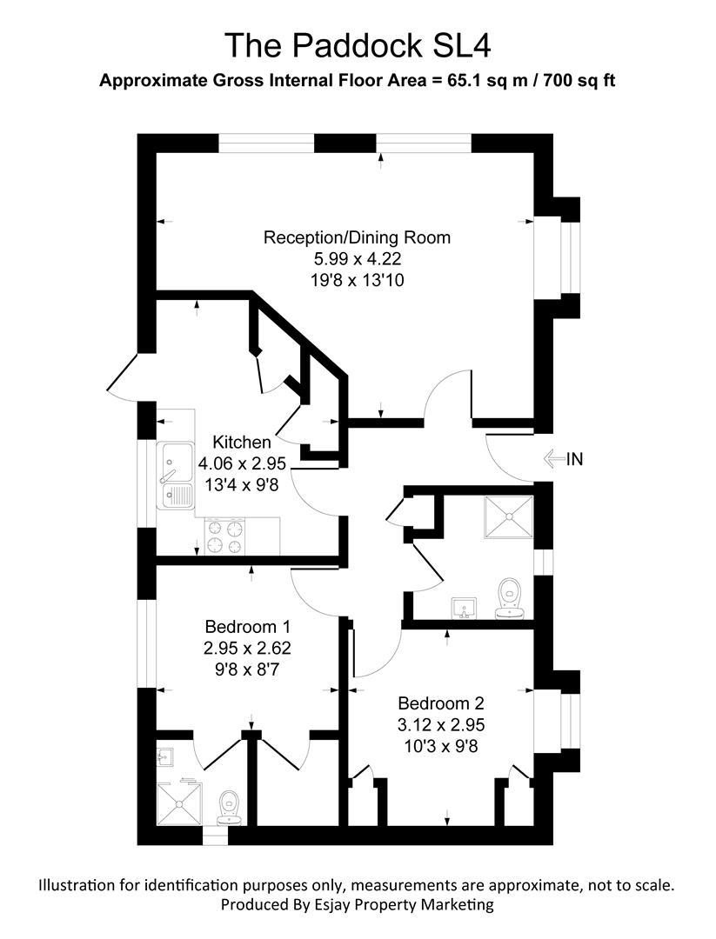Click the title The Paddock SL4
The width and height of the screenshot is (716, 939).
click(358, 44)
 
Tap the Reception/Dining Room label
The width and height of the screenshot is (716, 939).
click(358, 237)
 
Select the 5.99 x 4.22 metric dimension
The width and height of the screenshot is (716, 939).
click(358, 259)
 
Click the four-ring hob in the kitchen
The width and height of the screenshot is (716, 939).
click(225, 536)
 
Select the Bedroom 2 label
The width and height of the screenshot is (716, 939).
click(440, 703)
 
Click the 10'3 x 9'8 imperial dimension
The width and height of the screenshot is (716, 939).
click(440, 745)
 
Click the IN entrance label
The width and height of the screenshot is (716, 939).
click(573, 459)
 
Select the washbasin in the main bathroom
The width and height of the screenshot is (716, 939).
click(465, 606)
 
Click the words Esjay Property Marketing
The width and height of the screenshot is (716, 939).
click(406, 905)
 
